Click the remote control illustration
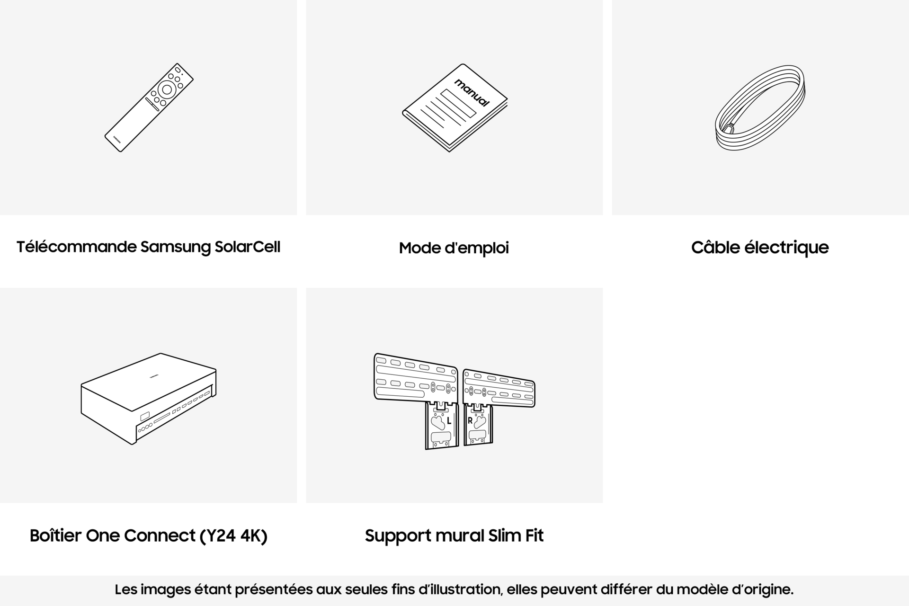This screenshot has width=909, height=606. (x=149, y=107)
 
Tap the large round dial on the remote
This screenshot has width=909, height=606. (x=167, y=89)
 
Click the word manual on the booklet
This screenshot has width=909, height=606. (x=472, y=93)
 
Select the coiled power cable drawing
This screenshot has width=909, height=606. (x=760, y=108)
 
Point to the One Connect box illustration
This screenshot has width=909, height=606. (x=149, y=398)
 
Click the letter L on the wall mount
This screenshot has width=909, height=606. (x=449, y=420)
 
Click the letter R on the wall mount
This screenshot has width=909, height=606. (x=470, y=420)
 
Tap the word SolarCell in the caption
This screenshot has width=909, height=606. (x=247, y=247)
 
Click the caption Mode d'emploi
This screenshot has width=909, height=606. (x=454, y=248)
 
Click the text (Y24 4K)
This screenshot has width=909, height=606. (x=233, y=535)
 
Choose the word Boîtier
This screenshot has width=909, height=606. (x=55, y=535)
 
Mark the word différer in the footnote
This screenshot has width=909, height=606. (x=626, y=590)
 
